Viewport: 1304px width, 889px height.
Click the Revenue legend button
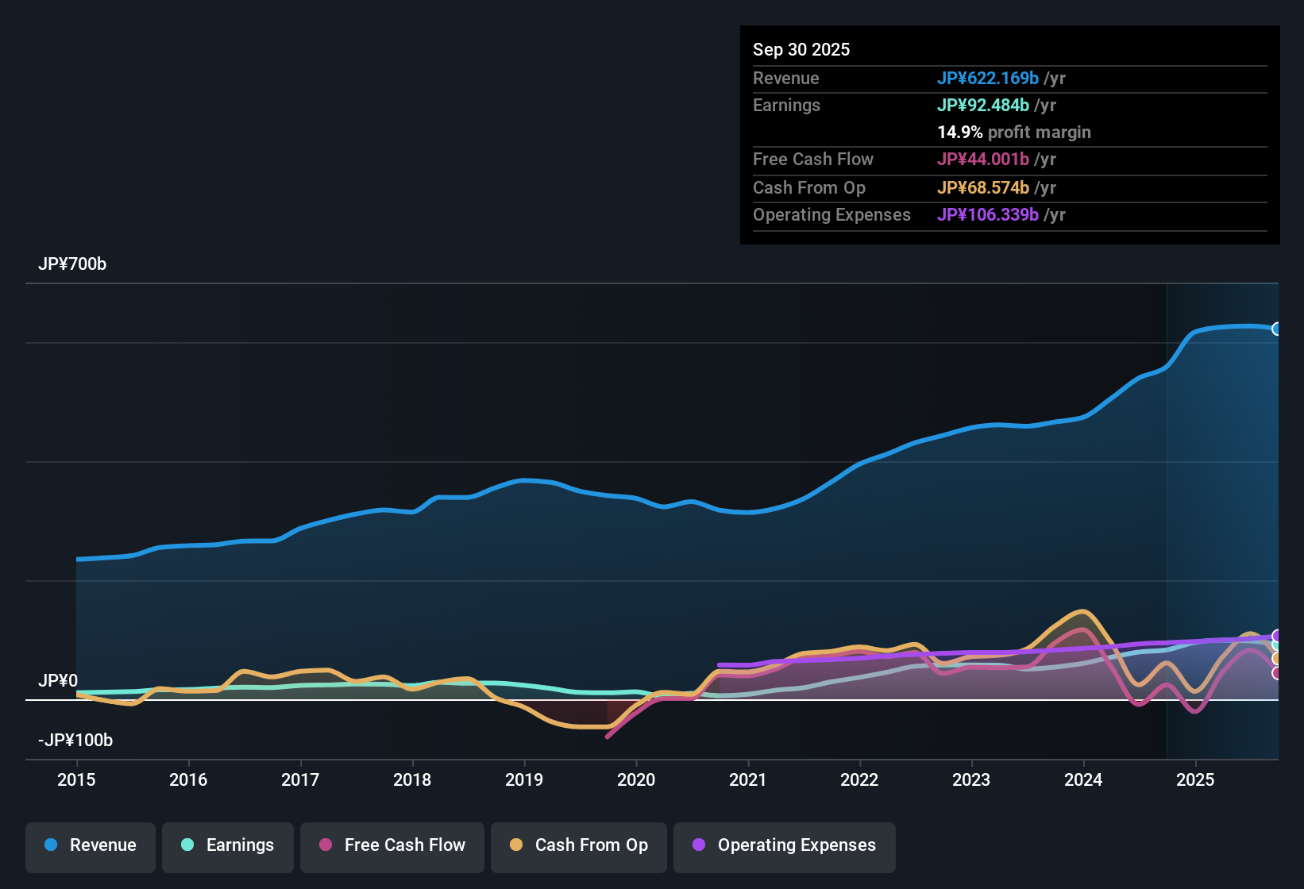91,845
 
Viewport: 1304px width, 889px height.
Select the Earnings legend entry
228,845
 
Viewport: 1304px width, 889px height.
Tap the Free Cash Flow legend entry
392,845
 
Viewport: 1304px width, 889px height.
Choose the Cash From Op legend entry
579,845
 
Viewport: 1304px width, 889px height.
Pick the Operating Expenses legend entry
785,845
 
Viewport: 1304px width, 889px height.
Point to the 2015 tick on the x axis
76,779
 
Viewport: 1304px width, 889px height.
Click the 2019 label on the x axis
524,779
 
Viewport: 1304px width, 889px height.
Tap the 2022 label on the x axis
859,779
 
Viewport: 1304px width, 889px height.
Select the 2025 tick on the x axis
1195,779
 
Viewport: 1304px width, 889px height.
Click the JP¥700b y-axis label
72,264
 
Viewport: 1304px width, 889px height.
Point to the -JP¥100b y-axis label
75,741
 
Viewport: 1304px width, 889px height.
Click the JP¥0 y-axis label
58,681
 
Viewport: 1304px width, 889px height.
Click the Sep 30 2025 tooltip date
801,49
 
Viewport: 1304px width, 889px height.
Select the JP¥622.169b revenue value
987,78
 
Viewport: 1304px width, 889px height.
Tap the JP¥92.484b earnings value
982,105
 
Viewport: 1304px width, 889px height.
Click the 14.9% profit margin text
1013,132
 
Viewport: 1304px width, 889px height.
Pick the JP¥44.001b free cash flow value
982,159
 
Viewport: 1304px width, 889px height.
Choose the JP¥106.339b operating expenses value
987,214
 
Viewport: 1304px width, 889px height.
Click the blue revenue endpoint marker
1276,329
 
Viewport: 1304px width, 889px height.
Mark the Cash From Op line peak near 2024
1082,611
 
